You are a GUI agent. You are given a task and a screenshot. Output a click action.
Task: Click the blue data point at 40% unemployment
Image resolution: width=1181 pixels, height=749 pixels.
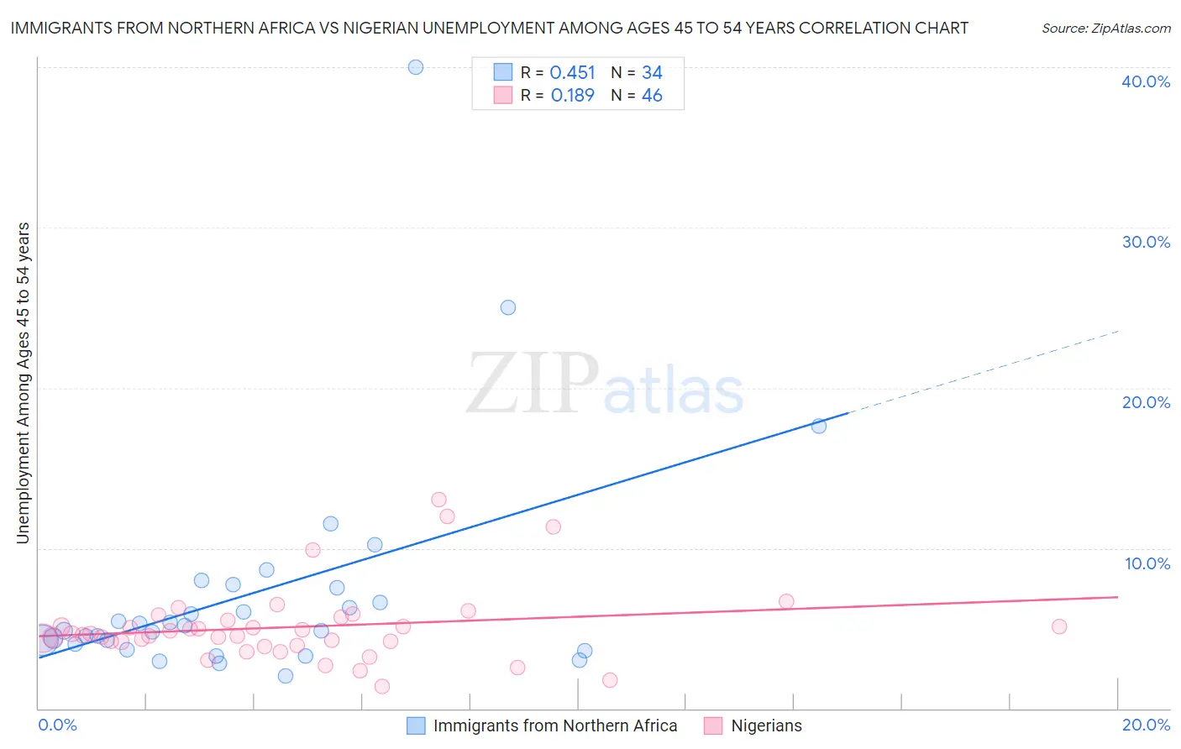click(416, 67)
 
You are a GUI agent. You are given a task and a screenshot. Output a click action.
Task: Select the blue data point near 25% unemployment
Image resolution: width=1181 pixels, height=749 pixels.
click(508, 307)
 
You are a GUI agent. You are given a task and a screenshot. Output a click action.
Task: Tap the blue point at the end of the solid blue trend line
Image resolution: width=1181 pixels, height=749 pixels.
click(819, 426)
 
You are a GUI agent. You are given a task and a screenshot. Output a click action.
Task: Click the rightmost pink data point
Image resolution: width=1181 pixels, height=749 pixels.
click(1059, 626)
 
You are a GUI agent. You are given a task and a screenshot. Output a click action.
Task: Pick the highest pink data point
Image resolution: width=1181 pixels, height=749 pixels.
click(438, 500)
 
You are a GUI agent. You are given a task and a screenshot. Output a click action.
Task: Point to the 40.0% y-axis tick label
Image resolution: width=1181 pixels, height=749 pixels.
click(1146, 81)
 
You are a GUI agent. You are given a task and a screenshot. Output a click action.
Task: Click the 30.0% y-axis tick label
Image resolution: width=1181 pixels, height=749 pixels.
click(1146, 242)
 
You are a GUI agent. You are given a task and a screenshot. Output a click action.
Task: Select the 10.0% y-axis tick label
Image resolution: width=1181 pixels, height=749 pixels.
click(1147, 563)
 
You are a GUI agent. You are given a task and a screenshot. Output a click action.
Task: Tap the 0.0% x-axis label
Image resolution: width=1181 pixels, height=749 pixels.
click(57, 725)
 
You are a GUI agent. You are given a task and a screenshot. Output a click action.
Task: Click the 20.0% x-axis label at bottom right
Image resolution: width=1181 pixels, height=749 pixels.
click(1146, 725)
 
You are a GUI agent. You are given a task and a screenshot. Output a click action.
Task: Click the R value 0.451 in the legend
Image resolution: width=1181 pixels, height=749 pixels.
click(572, 73)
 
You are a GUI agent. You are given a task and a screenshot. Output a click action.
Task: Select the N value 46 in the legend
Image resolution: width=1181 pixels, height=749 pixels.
click(652, 96)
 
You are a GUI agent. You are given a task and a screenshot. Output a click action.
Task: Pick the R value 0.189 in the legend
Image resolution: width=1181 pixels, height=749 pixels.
click(572, 96)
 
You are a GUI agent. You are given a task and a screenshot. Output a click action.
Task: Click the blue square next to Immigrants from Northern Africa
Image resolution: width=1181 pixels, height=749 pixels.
click(416, 725)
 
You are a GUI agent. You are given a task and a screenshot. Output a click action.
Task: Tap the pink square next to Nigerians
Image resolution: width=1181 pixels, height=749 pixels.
click(713, 725)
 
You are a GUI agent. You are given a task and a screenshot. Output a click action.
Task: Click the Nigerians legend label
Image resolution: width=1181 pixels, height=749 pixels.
click(766, 725)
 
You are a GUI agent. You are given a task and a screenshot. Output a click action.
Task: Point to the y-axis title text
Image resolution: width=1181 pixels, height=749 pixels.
click(24, 383)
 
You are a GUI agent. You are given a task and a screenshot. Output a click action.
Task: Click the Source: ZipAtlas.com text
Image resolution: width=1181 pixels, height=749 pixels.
click(1105, 29)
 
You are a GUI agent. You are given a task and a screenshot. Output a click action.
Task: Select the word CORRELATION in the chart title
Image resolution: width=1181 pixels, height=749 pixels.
click(849, 28)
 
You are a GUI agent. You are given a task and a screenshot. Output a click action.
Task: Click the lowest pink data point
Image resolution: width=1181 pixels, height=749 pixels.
click(382, 686)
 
